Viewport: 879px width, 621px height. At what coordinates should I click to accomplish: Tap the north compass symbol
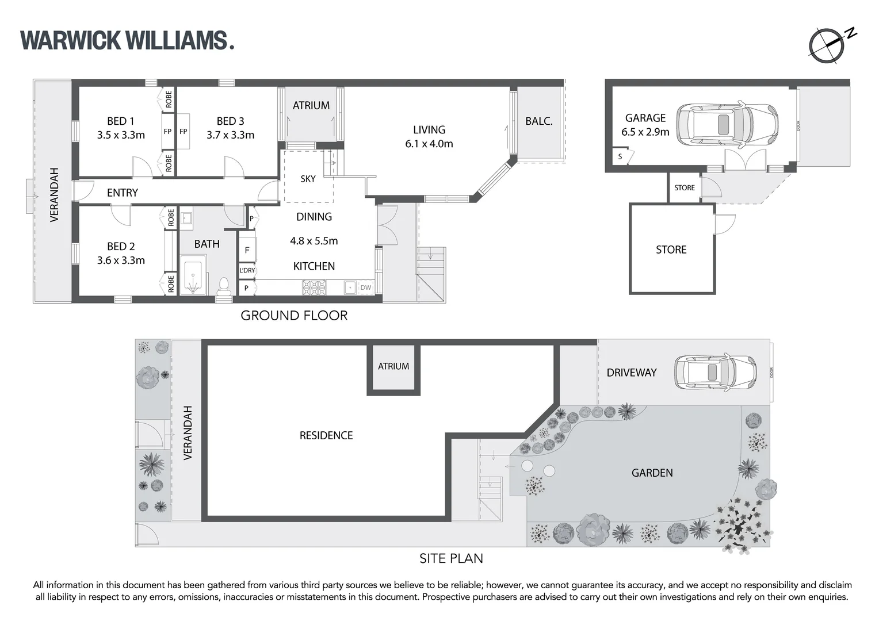coord(827,45)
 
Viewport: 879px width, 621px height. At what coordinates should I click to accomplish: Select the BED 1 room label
coord(121,121)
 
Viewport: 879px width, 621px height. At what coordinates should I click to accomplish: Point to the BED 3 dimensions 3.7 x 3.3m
coord(230,135)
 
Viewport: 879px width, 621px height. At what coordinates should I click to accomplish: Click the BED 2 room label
coord(121,246)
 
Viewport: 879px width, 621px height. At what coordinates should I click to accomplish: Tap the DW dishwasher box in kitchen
coord(366,287)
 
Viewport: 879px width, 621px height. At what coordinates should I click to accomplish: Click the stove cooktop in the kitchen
coord(314,287)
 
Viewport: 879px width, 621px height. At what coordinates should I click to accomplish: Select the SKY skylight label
coord(308,179)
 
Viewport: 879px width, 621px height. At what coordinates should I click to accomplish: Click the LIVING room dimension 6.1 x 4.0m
coord(429,144)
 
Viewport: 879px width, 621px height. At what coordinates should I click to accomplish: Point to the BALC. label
coord(539,121)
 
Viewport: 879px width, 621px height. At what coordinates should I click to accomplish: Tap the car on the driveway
coord(715,373)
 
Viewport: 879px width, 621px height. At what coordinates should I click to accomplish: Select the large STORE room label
coord(671,250)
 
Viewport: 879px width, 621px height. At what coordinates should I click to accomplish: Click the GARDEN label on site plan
coord(652,473)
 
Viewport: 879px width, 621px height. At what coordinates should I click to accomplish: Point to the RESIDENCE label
coord(326,435)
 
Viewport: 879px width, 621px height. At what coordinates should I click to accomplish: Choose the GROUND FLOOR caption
coord(294,315)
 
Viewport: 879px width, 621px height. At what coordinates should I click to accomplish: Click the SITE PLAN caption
coord(451,558)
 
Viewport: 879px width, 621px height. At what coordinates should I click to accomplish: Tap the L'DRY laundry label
coord(247,270)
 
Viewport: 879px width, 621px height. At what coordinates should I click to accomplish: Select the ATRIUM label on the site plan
coord(393,366)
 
